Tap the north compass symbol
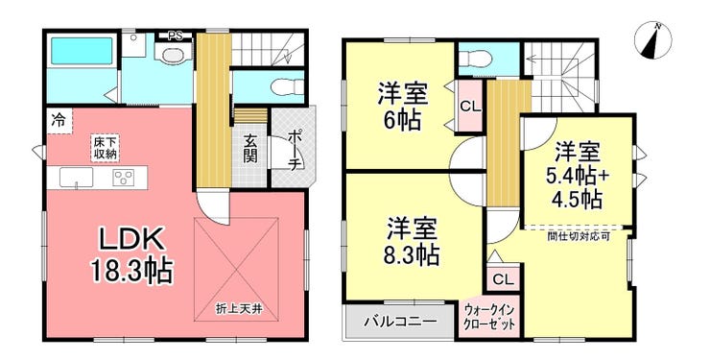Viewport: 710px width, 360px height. [x=653, y=40]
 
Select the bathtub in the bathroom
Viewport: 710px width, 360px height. [x=82, y=50]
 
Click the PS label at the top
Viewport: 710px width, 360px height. [x=174, y=36]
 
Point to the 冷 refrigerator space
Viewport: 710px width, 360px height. [x=59, y=121]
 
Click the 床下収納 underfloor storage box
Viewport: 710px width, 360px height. [x=105, y=147]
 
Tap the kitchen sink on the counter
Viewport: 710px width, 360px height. [x=76, y=177]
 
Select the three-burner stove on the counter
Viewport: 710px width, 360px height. [x=123, y=177]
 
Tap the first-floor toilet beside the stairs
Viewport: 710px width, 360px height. [x=288, y=85]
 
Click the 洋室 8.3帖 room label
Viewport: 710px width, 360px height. [x=412, y=241]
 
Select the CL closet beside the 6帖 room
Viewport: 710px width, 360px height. [x=469, y=107]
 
